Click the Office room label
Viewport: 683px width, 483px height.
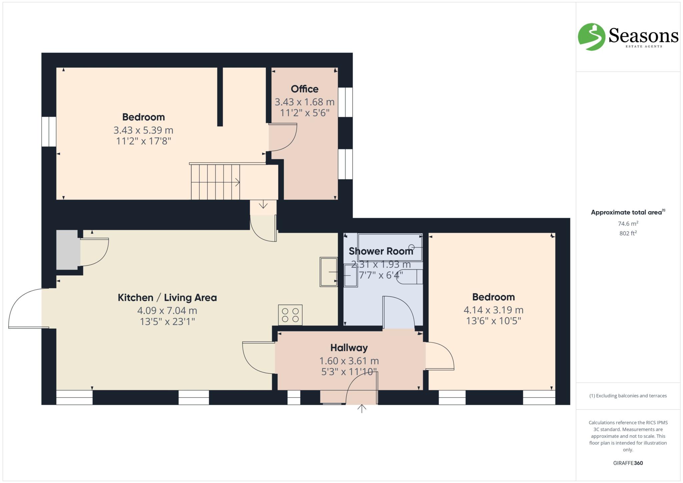304,89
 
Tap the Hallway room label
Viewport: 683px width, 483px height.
349,348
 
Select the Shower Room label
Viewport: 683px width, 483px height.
381,251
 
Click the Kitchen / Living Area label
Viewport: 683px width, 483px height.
167,297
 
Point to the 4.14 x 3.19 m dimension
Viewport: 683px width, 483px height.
493,310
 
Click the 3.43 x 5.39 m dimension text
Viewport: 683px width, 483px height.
143,130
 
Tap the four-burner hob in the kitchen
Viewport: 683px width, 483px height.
290,315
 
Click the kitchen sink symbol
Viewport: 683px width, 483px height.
328,272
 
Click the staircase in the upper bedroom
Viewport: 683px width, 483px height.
215,182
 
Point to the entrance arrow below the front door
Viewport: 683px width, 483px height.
362,408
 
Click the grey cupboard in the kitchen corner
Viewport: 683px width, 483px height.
68,250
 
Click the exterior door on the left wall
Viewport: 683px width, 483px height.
27,308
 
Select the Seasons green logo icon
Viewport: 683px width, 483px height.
591,37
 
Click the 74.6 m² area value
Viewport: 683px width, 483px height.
628,224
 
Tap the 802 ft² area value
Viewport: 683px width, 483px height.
628,233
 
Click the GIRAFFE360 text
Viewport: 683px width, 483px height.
628,463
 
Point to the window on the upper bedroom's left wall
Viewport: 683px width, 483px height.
49,131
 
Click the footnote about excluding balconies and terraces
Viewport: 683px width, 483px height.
628,396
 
